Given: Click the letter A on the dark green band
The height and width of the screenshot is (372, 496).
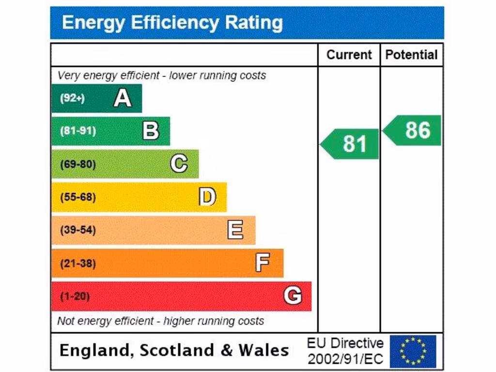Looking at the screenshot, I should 123,98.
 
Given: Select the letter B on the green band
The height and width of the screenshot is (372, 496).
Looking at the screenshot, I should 151,131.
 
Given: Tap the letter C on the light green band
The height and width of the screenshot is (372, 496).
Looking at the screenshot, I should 179,164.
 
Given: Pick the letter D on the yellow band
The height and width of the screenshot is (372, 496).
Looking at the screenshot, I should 207,197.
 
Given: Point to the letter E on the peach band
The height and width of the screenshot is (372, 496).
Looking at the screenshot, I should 235,230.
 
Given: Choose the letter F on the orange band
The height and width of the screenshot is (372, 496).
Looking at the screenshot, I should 263,263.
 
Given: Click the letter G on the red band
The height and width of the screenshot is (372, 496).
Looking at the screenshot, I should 293,295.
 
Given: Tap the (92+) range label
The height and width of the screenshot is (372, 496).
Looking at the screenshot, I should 72,98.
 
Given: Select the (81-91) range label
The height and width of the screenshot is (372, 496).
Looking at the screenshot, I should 78,131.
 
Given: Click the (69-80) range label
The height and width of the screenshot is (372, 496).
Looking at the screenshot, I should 78,164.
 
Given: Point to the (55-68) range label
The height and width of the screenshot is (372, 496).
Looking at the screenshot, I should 78,197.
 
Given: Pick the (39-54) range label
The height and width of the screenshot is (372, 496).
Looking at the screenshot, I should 78,230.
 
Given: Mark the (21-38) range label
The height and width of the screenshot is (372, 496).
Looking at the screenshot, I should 78,263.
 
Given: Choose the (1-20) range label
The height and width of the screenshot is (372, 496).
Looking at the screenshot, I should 75,296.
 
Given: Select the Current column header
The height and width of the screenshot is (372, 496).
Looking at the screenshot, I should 349,55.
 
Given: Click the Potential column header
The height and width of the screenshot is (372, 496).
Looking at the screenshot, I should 411,55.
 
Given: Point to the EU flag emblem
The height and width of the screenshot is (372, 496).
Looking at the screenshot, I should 413,351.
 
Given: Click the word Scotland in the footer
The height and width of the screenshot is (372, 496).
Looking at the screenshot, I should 173,351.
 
